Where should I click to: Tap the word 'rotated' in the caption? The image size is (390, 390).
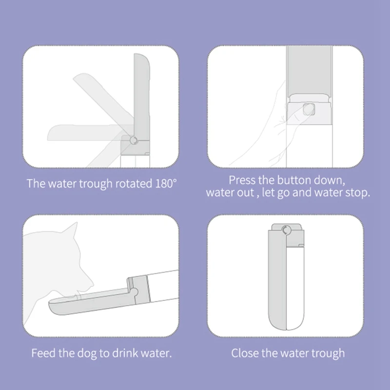[x=130, y=183]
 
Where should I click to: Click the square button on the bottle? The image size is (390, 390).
[x=307, y=109]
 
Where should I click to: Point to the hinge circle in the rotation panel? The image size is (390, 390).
[x=133, y=141]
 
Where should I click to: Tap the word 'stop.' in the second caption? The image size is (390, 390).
[x=357, y=192]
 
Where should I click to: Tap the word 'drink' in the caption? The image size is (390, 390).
[x=126, y=353]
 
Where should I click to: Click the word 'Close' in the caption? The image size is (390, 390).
[x=245, y=353]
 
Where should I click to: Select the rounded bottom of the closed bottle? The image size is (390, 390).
[x=286, y=324]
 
